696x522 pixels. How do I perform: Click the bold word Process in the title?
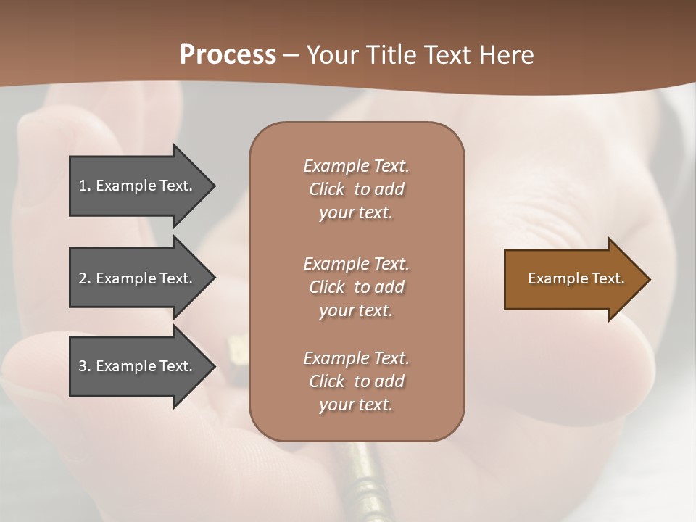click(228, 55)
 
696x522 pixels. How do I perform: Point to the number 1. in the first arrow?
click(85, 186)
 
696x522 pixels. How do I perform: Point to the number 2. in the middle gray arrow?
click(85, 278)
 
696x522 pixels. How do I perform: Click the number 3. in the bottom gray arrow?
click(85, 366)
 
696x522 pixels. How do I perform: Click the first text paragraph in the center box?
click(356, 189)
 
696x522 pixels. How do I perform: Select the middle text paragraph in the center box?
click(356, 287)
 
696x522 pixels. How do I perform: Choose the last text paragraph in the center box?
click(356, 381)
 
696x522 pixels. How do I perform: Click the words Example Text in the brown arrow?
click(576, 278)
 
